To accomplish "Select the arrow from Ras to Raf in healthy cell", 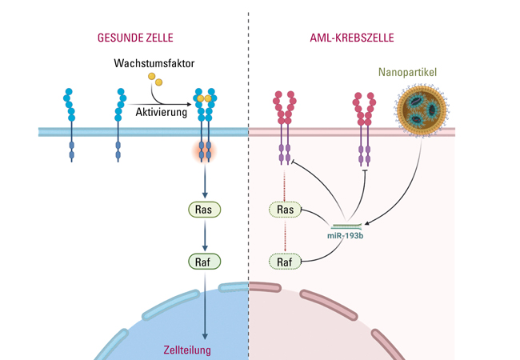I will (x=206, y=235).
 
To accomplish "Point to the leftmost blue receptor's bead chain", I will (x=70, y=104).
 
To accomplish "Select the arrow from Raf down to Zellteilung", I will (x=206, y=304).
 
